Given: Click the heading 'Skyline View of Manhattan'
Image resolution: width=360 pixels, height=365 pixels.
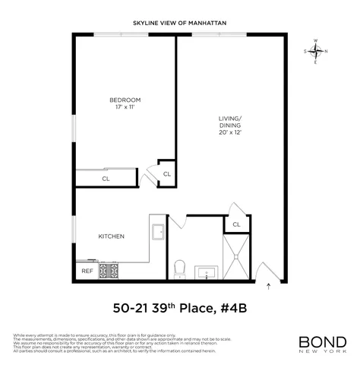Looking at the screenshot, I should point(179,22).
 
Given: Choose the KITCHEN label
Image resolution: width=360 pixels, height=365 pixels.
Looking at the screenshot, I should point(111,236).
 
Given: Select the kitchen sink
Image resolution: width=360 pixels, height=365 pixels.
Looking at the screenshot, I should point(159,232).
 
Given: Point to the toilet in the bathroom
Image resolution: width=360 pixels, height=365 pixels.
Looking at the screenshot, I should point(180,268).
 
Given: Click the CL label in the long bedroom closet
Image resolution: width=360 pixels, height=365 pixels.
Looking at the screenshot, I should point(106,179).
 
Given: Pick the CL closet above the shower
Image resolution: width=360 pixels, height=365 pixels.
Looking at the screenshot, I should point(236,224).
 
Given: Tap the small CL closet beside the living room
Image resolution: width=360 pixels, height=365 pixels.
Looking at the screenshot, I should point(167,175).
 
